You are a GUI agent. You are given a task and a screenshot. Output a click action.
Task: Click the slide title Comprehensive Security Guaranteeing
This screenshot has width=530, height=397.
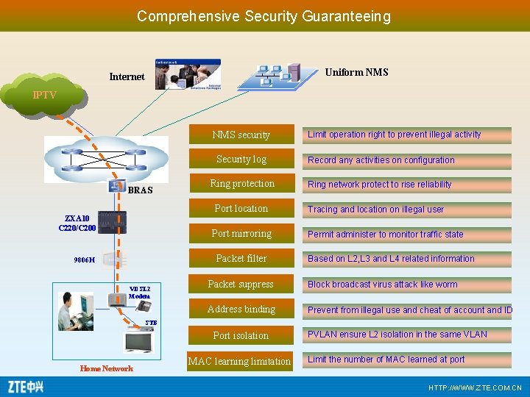pos(264,15)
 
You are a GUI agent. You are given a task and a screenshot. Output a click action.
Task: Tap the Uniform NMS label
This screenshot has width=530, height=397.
pos(356,72)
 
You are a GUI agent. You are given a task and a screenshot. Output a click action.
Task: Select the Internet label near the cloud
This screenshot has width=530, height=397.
pos(127,76)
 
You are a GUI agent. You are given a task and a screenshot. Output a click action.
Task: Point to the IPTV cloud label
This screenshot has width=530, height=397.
pos(44,96)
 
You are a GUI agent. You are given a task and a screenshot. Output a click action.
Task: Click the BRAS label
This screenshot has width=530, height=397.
pos(140,190)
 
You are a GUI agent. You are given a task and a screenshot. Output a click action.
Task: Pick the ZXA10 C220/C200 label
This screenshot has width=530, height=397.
pos(77,223)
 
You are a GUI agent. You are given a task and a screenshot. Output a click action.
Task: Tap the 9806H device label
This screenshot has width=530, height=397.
pos(84,260)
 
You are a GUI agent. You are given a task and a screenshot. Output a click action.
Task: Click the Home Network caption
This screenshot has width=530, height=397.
pos(107,368)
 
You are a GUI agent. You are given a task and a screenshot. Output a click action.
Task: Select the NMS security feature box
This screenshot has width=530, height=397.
pos(241,135)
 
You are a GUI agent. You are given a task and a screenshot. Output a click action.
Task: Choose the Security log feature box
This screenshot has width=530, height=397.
pos(241,160)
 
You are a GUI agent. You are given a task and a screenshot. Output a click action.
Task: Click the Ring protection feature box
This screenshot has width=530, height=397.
pos(241,184)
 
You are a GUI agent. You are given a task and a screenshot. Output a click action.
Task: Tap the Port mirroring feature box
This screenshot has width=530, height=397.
pos(241,234)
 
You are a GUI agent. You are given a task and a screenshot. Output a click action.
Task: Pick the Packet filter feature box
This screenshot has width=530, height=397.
pos(241,259)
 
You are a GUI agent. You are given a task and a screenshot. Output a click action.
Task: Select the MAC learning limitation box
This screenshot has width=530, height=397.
pos(240,361)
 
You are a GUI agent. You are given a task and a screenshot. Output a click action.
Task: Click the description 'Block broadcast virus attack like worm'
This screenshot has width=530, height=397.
pos(383,285)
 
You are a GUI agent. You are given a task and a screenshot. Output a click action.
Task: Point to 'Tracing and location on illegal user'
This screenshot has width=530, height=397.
pos(376,210)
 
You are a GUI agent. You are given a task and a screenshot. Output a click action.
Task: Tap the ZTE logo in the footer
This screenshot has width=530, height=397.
pos(26,386)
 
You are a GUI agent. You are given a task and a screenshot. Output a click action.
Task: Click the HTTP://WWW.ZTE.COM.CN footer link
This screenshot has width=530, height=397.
pos(475,387)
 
